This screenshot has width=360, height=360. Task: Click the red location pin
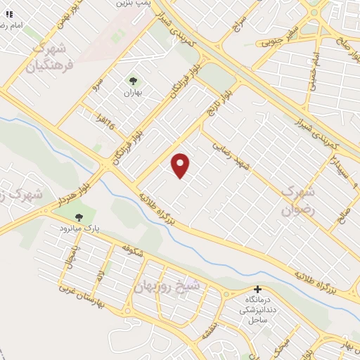(181, 166)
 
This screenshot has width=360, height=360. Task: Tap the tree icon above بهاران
(133, 81)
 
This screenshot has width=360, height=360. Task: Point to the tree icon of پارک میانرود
(78, 218)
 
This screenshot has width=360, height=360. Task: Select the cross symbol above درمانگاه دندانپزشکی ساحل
(257, 290)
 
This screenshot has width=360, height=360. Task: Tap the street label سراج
(238, 27)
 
